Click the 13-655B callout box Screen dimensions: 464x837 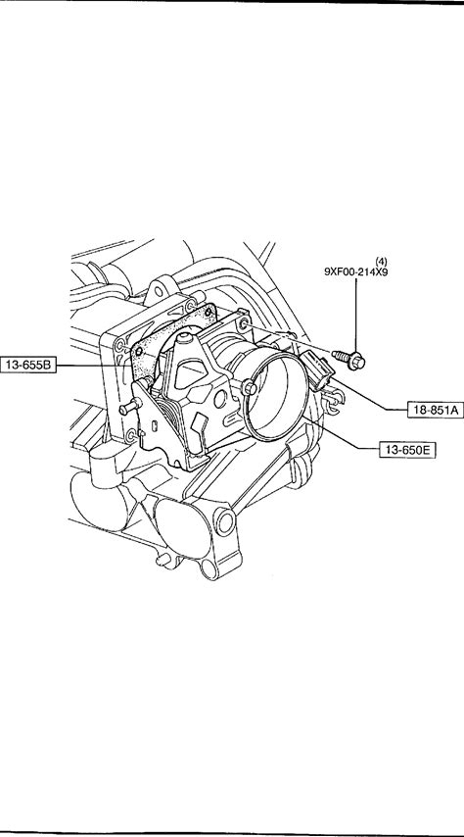point(28,366)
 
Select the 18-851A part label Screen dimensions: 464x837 point(436,410)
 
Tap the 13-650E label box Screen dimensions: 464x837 point(407,450)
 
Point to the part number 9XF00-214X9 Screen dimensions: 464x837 point(356,271)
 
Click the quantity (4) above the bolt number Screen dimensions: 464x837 point(382,261)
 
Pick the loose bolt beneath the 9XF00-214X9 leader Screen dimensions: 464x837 point(348,359)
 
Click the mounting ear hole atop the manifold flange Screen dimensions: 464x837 point(159,291)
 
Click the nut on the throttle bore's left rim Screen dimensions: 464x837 point(249,387)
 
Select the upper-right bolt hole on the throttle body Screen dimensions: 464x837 point(244,323)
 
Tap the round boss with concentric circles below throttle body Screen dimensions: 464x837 point(224,522)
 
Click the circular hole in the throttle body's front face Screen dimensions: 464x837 point(220,398)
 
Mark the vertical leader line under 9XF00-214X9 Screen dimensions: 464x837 point(356,315)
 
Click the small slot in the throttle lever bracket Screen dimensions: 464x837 point(154,426)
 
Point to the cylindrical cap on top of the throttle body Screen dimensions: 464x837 point(185,338)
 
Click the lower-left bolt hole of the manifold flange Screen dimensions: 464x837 point(129,437)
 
